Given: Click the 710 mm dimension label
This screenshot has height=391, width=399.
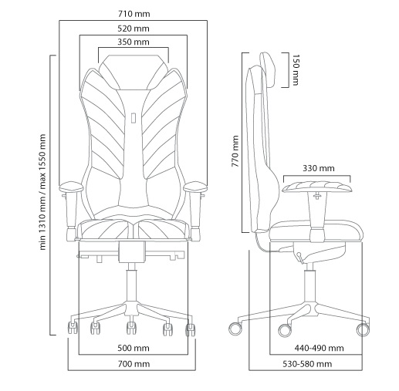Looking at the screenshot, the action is pyautogui.click(x=134, y=14).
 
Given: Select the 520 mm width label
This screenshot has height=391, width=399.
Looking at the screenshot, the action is pyautogui.click(x=134, y=29).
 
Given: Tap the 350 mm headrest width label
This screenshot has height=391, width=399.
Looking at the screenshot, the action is pyautogui.click(x=134, y=42).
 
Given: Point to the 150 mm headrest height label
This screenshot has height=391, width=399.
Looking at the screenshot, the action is pyautogui.click(x=296, y=69).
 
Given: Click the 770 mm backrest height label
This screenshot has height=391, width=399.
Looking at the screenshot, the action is pyautogui.click(x=235, y=151).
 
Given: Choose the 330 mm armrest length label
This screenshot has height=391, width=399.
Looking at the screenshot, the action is pyautogui.click(x=319, y=168).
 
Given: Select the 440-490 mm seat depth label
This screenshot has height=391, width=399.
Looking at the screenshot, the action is pyautogui.click(x=319, y=348).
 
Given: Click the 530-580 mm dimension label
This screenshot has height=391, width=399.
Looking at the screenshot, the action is pyautogui.click(x=307, y=364).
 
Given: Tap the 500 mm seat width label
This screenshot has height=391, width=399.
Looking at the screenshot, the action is pyautogui.click(x=134, y=348).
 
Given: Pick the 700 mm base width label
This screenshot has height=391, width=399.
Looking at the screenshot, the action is pyautogui.click(x=134, y=364).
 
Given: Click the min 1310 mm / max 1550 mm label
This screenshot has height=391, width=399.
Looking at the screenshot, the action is pyautogui.click(x=42, y=192).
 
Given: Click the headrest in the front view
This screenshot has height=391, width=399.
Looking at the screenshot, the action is pyautogui.click(x=134, y=72).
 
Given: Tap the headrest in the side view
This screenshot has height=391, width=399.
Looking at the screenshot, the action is pyautogui.click(x=269, y=69).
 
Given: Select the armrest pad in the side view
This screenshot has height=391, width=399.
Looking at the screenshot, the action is pyautogui.click(x=317, y=187).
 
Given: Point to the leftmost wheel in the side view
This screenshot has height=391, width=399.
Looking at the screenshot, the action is pyautogui.click(x=235, y=329).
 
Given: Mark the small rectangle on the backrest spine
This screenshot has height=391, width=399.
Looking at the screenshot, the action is pyautogui.click(x=134, y=118).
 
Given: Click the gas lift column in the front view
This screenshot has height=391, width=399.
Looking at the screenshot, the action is pyautogui.click(x=132, y=282).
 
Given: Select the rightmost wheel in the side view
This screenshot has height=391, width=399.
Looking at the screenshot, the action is pyautogui.click(x=363, y=330).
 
